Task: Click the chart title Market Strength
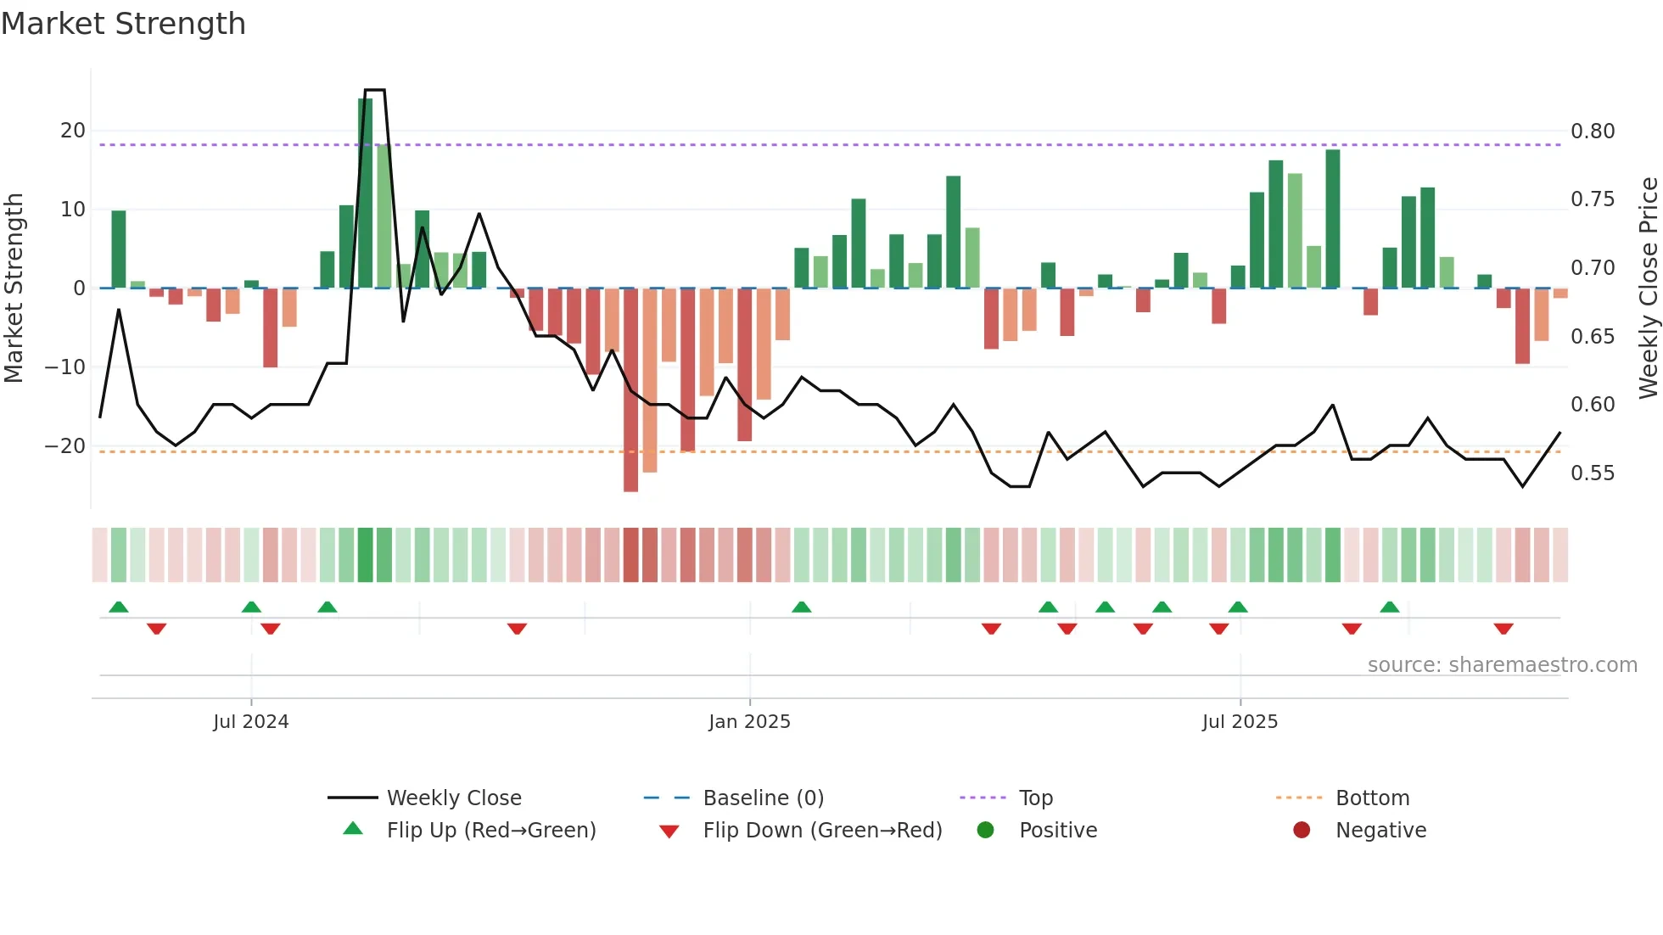pyautogui.click(x=123, y=24)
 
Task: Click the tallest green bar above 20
pyautogui.click(x=365, y=193)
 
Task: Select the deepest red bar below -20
pyautogui.click(x=630, y=389)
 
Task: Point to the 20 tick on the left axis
pyautogui.click(x=73, y=131)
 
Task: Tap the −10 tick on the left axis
pyautogui.click(x=65, y=367)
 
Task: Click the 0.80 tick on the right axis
pyautogui.click(x=1593, y=132)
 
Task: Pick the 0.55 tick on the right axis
pyautogui.click(x=1593, y=473)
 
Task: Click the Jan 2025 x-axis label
pyautogui.click(x=749, y=722)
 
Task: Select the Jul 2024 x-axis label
pyautogui.click(x=250, y=722)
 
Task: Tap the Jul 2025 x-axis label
pyautogui.click(x=1240, y=722)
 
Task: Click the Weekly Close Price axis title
pyautogui.click(x=1648, y=288)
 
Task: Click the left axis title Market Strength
pyautogui.click(x=14, y=288)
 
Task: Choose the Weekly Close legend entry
pyautogui.click(x=453, y=798)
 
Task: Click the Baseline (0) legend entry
pyautogui.click(x=763, y=798)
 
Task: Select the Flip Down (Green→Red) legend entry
pyautogui.click(x=821, y=831)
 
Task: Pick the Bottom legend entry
pyautogui.click(x=1372, y=798)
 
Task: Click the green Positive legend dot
pyautogui.click(x=985, y=831)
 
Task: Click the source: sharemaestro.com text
pyautogui.click(x=1502, y=665)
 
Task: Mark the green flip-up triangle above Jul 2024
pyautogui.click(x=251, y=607)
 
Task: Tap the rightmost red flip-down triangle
pyautogui.click(x=1503, y=629)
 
